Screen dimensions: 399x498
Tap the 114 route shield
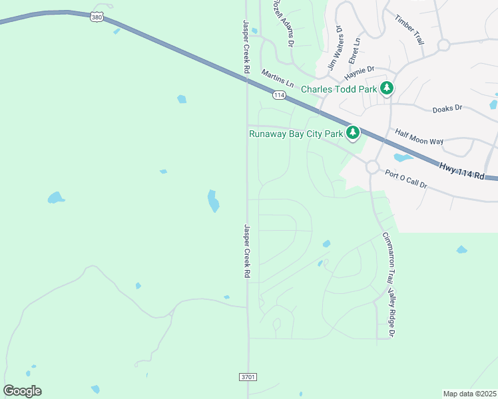pos(279,96)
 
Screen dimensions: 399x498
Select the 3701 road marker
pos(247,377)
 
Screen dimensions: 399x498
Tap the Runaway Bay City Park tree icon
pos(353,134)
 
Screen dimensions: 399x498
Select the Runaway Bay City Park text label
pos(296,134)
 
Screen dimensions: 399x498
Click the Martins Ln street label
pos(277,78)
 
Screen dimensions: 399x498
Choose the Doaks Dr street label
pos(447,109)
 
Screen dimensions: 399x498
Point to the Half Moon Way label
pos(419,137)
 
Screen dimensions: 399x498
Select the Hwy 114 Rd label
pos(468,172)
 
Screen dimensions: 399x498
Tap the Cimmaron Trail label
pos(387,259)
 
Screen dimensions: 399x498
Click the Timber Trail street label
pos(409,30)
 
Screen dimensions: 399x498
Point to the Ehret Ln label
pos(356,50)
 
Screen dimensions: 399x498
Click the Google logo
pos(22,391)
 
